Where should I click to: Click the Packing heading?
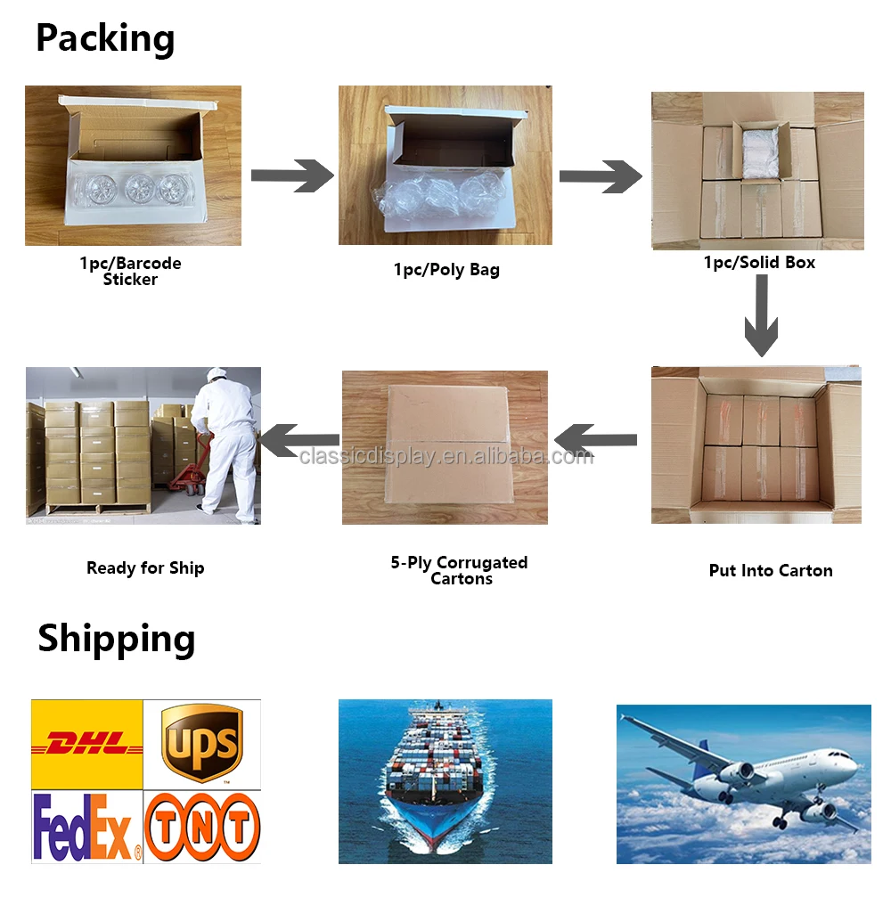(105, 39)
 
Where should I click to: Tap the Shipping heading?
(116, 639)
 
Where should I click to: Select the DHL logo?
(87, 744)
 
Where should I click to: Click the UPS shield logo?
(202, 743)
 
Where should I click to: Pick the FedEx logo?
(87, 828)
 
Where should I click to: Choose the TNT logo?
(202, 828)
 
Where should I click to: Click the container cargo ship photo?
(445, 781)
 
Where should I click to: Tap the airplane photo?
(743, 784)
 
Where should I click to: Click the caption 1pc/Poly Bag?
(446, 270)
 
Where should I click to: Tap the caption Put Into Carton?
(771, 571)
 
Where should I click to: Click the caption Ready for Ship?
(145, 568)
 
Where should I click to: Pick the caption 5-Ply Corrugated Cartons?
(460, 570)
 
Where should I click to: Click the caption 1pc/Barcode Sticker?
(130, 272)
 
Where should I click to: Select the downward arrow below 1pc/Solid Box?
(762, 316)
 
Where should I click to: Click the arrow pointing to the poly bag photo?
(291, 175)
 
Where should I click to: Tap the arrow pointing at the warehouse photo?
(300, 439)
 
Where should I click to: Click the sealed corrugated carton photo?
(445, 447)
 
